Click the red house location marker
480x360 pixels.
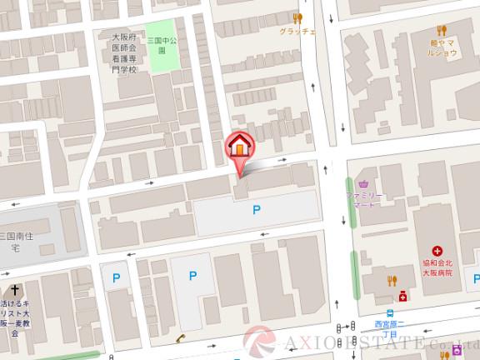(x=239, y=147)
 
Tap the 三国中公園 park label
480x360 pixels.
(x=158, y=44)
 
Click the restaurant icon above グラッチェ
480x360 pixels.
(x=297, y=17)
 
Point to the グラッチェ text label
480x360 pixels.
(x=297, y=32)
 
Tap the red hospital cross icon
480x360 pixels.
(x=437, y=251)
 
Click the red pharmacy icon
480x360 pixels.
(x=402, y=295)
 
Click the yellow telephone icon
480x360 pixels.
(x=180, y=337)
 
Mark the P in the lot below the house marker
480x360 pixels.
(x=257, y=210)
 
